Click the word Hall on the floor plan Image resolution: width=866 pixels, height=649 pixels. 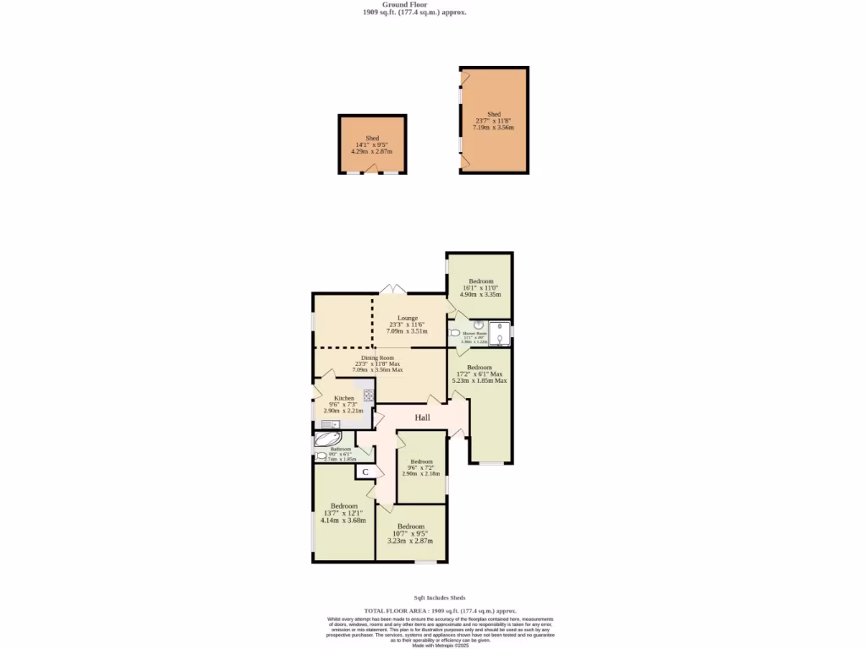coord(422,417)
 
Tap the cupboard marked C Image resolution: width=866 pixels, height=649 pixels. coord(364,472)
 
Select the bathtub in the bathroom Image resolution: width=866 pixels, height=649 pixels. coord(328,439)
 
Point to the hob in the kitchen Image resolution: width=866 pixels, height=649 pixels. coord(369,395)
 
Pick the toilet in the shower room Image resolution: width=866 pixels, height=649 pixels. coord(455,334)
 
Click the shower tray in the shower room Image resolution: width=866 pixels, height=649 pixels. coord(501,334)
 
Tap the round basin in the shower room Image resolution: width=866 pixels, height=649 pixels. coord(478,324)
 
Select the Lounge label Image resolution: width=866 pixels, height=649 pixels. coord(408,318)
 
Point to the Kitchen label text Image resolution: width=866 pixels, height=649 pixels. coord(343,398)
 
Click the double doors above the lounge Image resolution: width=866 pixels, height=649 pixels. coord(392,290)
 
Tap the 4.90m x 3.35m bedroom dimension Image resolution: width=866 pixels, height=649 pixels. coord(480,294)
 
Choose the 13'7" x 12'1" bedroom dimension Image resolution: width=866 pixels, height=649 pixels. coord(343,513)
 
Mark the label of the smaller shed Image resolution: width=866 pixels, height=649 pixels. coord(372,138)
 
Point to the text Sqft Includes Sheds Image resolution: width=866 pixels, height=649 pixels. coord(439,597)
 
